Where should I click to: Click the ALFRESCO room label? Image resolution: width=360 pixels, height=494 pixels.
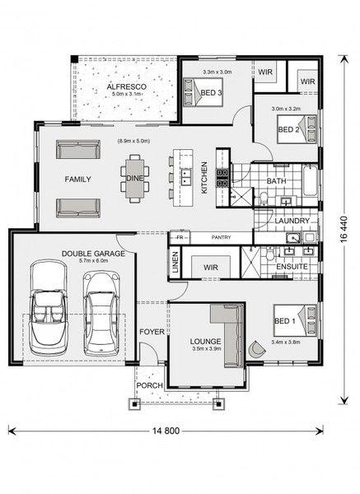pyautogui.click(x=126, y=86)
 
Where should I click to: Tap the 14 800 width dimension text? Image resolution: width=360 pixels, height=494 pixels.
pyautogui.click(x=166, y=431)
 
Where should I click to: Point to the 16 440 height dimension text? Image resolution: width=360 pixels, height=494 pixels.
pyautogui.click(x=344, y=230)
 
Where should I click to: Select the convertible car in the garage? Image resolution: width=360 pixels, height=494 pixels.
pyautogui.click(x=49, y=307)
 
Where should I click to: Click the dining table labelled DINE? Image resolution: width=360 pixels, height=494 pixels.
pyautogui.click(x=135, y=179)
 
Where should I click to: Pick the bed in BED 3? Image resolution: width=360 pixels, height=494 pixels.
pyautogui.click(x=203, y=92)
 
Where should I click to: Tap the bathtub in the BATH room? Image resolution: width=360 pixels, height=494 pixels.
pyautogui.click(x=310, y=180)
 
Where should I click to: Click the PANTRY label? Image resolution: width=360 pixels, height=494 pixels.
pyautogui.click(x=221, y=237)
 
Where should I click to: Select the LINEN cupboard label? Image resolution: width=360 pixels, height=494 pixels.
pyautogui.click(x=175, y=262)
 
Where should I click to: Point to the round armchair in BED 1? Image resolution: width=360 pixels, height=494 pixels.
pyautogui.click(x=256, y=349)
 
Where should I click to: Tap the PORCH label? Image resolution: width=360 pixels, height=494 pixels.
pyautogui.click(x=149, y=385)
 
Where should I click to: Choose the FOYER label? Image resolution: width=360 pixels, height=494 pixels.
pyautogui.click(x=152, y=332)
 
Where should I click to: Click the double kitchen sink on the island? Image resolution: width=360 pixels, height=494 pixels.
pyautogui.click(x=186, y=177)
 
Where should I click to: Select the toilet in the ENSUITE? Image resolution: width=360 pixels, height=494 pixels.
pyautogui.click(x=270, y=254)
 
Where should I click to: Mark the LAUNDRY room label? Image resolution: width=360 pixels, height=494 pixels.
pyautogui.click(x=292, y=221)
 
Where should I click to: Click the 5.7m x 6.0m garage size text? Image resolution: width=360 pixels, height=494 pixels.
pyautogui.click(x=93, y=260)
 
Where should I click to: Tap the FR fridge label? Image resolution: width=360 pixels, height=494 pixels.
pyautogui.click(x=180, y=238)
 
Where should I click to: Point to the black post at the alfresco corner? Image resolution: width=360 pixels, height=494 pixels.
pyautogui.click(x=74, y=59)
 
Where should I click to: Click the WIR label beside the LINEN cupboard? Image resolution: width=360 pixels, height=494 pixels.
pyautogui.click(x=211, y=268)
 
